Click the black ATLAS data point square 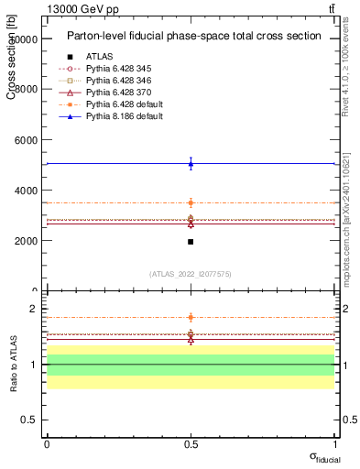point(191,242)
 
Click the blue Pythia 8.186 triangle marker point(191,164)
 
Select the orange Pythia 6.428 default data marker point(191,202)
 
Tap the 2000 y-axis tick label point(25,241)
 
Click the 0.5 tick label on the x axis point(191,443)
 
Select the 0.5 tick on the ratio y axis point(31,420)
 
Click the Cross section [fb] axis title point(11,56)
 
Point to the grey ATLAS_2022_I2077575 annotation point(191,274)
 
